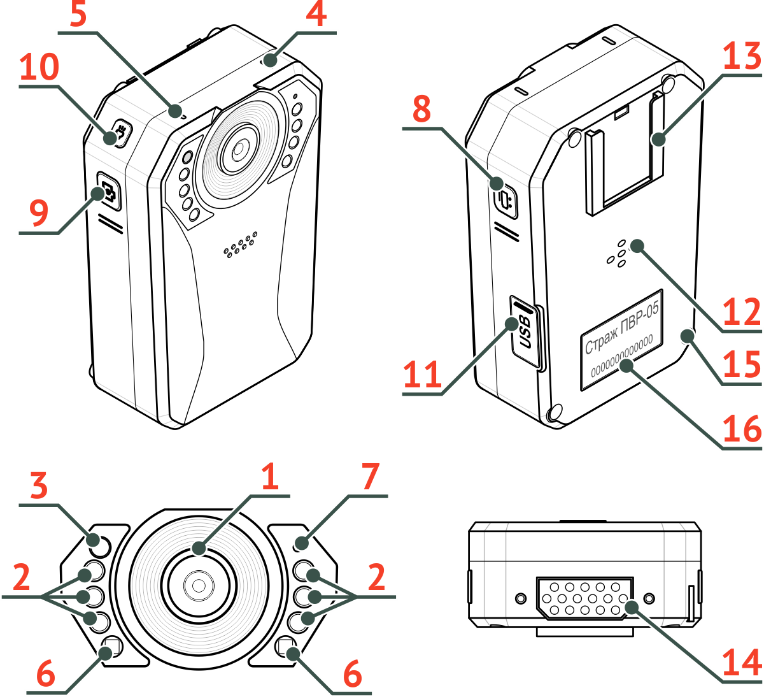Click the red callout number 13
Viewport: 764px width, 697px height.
pyautogui.click(x=742, y=57)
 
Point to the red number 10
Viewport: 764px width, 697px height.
pyautogui.click(x=39, y=68)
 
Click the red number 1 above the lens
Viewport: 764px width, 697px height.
pyautogui.click(x=270, y=477)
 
